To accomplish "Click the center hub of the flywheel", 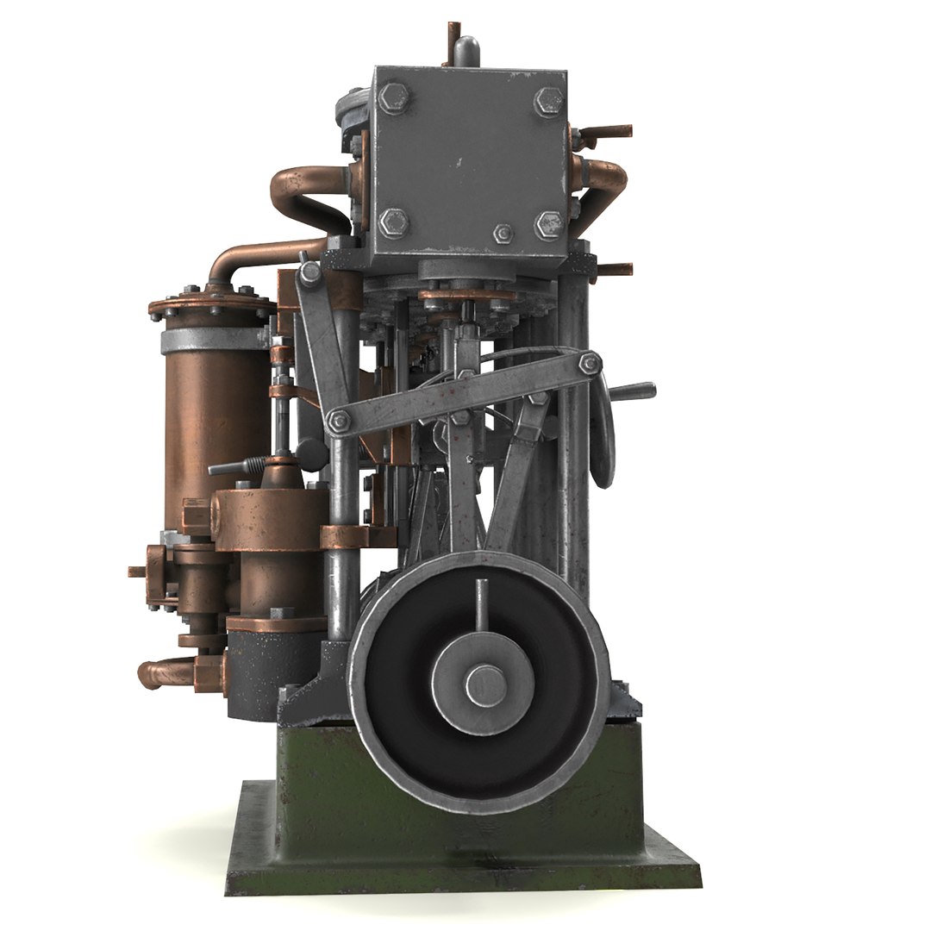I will coord(482,686).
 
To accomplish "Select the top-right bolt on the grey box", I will coord(547,99).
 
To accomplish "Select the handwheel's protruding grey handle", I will coord(634,391).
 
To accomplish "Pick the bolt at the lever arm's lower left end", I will coord(339,421).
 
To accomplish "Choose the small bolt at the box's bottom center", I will coord(503,233).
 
